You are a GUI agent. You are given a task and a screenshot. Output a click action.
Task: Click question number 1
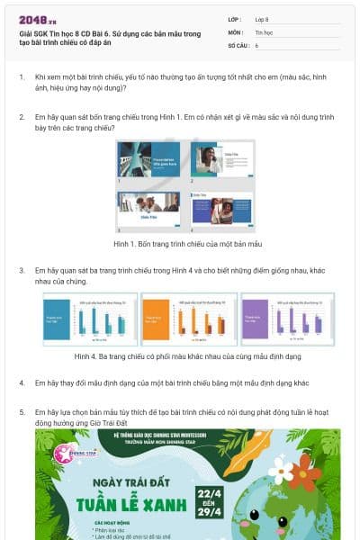click(22, 78)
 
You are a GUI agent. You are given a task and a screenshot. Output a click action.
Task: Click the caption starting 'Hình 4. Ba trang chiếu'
click(179, 356)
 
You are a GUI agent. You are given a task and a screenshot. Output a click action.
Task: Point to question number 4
click(22, 382)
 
